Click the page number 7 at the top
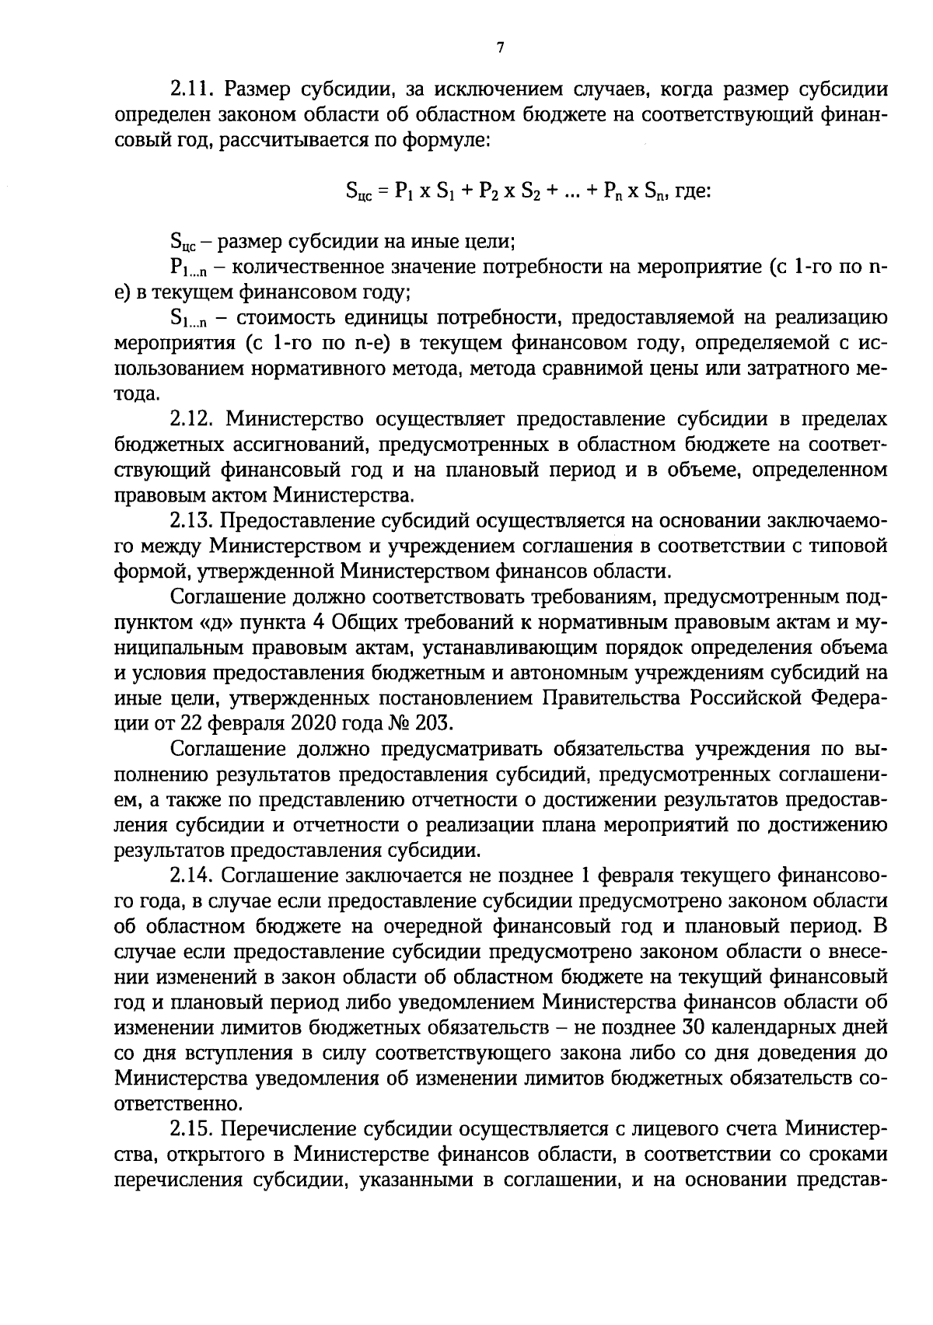pos(501,48)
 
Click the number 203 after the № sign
pos(432,723)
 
